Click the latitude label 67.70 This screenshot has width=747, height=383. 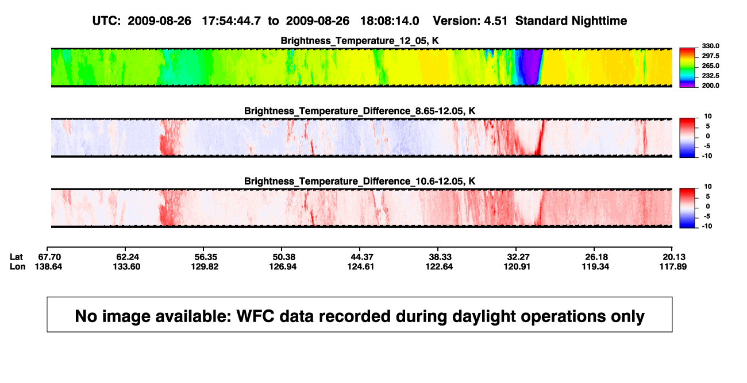coord(49,257)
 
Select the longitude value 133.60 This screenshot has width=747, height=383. coord(126,266)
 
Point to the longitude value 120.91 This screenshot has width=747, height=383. coord(517,266)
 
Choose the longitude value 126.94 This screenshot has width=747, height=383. coord(283,266)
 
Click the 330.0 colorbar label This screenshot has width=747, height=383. coord(710,46)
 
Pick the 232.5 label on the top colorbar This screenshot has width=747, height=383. coord(710,76)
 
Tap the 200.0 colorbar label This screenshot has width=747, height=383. coord(710,86)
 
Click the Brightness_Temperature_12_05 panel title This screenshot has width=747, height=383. coord(360,41)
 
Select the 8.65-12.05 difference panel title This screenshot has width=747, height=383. coord(360,111)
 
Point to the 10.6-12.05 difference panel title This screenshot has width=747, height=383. coord(360,181)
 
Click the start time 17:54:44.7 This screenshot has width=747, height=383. coord(232,21)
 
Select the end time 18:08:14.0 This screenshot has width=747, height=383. coord(390,21)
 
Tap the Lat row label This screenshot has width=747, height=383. coord(16,257)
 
